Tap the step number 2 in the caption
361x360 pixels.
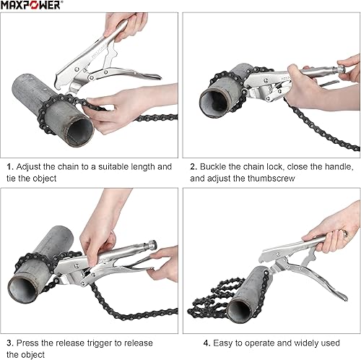click(x=193, y=166)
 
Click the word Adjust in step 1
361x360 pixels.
click(x=29, y=166)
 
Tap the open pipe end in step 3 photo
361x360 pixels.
click(x=27, y=286)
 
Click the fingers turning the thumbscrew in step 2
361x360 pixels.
click(x=347, y=70)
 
